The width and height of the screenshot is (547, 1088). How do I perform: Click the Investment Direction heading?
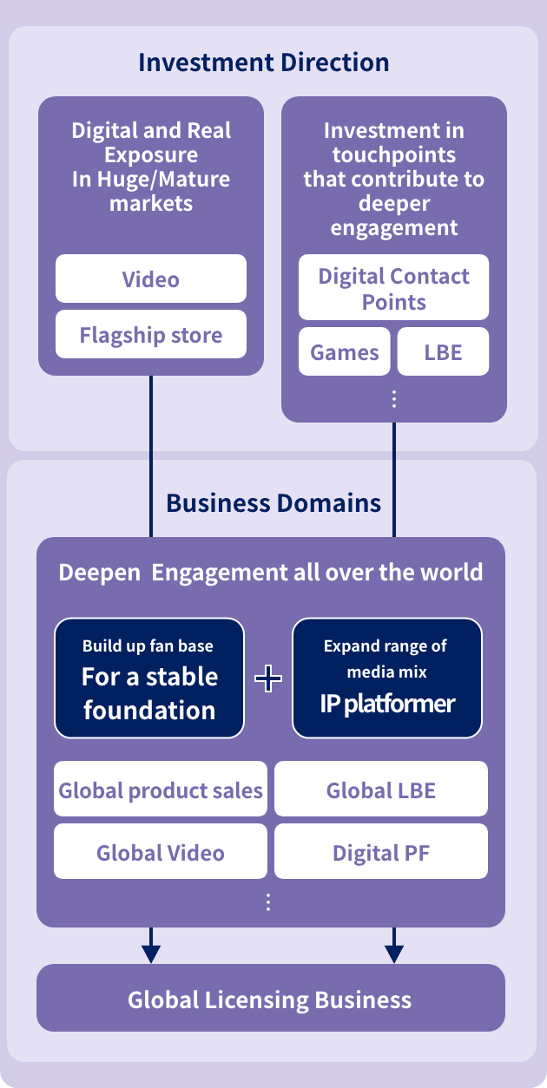click(x=263, y=62)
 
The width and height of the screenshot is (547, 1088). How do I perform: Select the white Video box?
click(x=151, y=279)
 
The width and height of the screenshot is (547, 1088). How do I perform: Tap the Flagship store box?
click(x=151, y=335)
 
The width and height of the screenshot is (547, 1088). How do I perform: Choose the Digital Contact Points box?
click(x=393, y=288)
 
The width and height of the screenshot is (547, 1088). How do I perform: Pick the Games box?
click(x=345, y=352)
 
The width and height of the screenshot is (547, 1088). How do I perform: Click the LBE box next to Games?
click(x=443, y=352)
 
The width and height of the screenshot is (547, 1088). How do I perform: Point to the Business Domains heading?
click(x=273, y=503)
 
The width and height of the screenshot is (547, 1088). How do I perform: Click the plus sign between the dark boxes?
click(x=268, y=678)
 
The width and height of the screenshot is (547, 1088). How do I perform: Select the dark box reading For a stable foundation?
click(x=149, y=678)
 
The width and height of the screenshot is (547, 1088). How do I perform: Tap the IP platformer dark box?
click(x=386, y=678)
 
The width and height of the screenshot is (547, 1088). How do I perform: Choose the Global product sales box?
click(x=161, y=790)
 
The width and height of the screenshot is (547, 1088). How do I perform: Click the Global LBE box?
click(x=381, y=790)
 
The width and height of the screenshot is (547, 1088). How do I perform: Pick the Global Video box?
click(x=161, y=852)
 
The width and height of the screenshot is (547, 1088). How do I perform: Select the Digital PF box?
click(x=381, y=852)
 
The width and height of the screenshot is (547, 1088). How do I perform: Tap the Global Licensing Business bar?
click(x=270, y=999)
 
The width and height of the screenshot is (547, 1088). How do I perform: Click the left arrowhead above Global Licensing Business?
click(x=151, y=953)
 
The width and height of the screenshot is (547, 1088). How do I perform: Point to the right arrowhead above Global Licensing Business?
click(x=394, y=953)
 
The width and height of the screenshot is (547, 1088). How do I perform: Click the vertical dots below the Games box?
click(x=394, y=398)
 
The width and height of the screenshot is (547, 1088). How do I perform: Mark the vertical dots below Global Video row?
click(x=268, y=902)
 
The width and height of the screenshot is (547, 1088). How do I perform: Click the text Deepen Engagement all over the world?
click(x=270, y=573)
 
